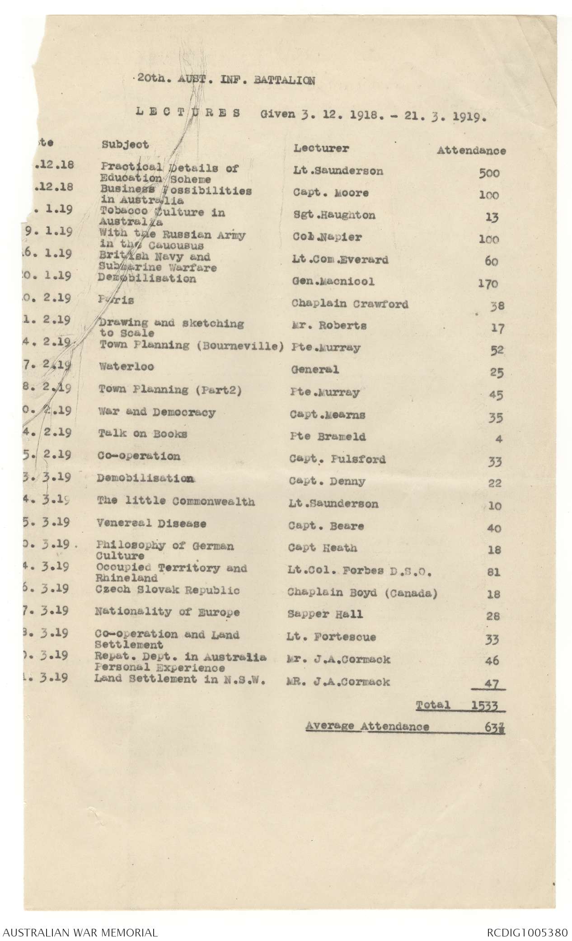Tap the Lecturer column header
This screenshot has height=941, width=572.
point(321,148)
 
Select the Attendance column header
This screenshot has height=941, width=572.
point(471,151)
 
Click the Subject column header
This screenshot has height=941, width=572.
point(125,145)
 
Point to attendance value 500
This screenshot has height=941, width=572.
point(489,173)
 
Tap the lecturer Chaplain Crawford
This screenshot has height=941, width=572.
point(350,304)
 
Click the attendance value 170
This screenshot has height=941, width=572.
point(488,284)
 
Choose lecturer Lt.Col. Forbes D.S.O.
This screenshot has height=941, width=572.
point(360,571)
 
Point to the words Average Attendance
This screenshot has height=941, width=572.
point(367,726)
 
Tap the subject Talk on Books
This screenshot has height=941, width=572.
point(143,434)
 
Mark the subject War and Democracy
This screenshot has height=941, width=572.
point(157,412)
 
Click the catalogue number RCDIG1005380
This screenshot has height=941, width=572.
point(527,932)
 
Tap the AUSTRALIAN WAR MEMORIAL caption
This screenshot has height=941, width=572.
point(80,932)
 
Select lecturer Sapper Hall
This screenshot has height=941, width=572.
point(325,614)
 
